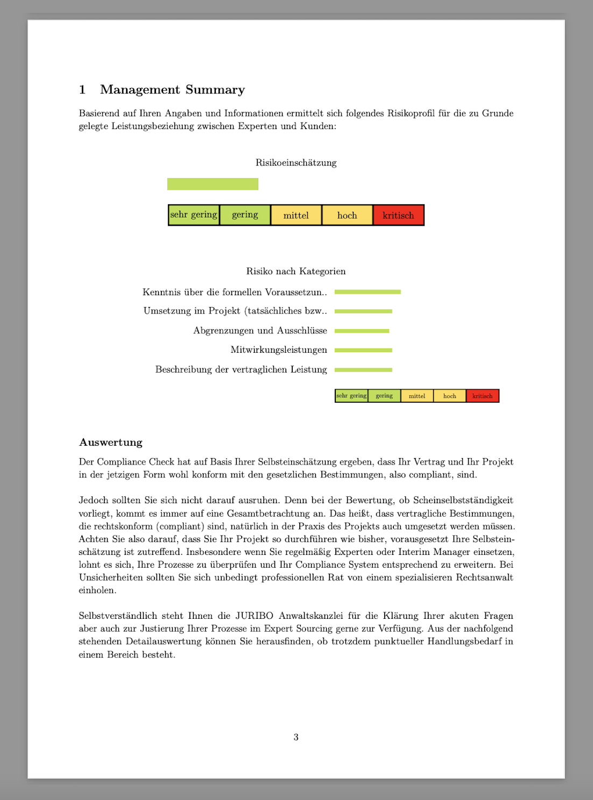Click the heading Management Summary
(x=172, y=89)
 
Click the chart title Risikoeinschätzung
(x=296, y=162)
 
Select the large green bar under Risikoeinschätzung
(x=213, y=184)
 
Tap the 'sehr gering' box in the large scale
(x=194, y=215)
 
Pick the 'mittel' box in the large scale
(x=296, y=215)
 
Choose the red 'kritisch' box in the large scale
(x=398, y=215)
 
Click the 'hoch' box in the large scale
(x=347, y=215)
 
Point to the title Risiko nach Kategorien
(x=296, y=271)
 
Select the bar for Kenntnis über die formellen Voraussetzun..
(x=368, y=292)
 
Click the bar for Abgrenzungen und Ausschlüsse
(x=362, y=331)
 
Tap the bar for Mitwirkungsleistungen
(x=363, y=350)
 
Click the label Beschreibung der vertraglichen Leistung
(x=241, y=369)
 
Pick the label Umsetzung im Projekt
(x=235, y=311)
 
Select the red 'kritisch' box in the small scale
(x=482, y=396)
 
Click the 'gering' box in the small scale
(x=384, y=396)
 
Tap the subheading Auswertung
(x=111, y=442)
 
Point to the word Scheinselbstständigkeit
(x=463, y=500)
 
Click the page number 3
(x=296, y=737)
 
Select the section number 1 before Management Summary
(x=82, y=89)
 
